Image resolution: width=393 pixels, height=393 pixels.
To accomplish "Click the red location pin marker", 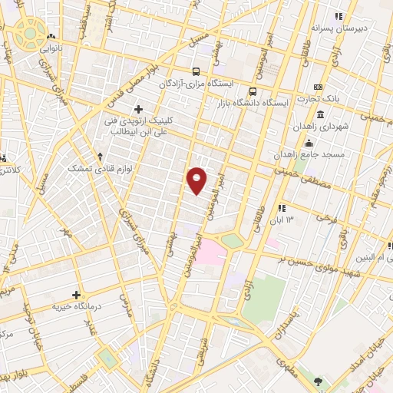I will [197, 180].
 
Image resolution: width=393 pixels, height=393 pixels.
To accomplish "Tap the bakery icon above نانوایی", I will [51, 35].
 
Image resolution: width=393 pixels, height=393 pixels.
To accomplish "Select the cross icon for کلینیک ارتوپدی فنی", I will [138, 109].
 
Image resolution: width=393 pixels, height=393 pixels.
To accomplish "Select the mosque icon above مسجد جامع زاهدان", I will [309, 142].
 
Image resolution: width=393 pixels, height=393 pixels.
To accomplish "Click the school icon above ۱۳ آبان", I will [282, 207].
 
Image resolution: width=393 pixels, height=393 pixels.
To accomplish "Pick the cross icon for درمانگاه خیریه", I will [76, 295].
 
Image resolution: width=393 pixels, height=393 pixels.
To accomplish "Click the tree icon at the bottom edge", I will [319, 381].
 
